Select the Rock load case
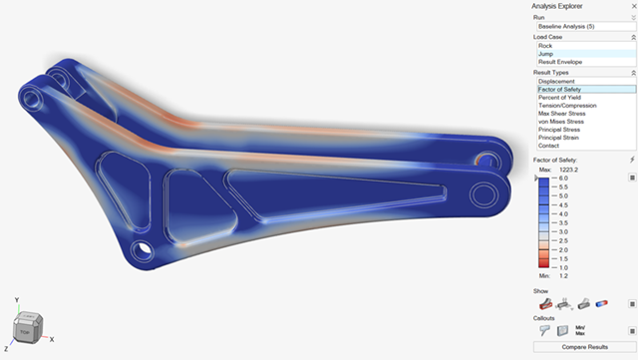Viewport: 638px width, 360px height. pos(545,45)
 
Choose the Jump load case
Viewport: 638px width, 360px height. pos(546,54)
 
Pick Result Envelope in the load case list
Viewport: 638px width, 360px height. pos(560,62)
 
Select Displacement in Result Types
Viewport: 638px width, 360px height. pos(557,81)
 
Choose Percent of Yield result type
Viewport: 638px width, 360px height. pos(561,97)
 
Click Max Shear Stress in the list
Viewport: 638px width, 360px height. pos(563,113)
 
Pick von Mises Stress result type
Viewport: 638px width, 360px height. pos(563,121)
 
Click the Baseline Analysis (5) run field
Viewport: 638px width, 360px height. pos(579,26)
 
